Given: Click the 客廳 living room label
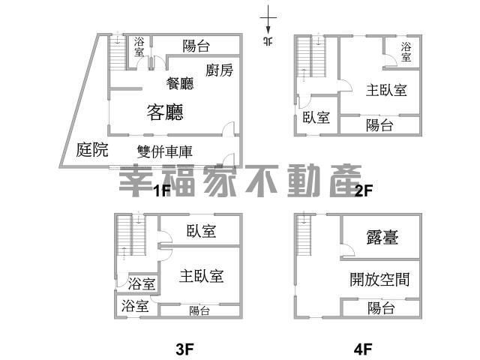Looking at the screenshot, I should [165, 112].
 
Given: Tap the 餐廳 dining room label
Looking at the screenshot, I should [180, 83].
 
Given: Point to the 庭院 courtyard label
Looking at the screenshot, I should [92, 150].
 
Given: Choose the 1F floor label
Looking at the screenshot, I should [162, 190].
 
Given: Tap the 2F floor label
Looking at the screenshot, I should [364, 190].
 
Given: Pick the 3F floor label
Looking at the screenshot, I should [185, 349].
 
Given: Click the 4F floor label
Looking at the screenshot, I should [364, 349].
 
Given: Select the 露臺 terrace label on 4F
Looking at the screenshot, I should [382, 238].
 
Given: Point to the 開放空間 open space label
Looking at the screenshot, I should [380, 280].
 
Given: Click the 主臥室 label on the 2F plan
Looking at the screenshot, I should [386, 91].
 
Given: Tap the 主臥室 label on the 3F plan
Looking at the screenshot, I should [202, 276].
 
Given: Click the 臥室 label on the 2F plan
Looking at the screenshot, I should [316, 117].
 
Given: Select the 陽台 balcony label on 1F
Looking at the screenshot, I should [196, 46].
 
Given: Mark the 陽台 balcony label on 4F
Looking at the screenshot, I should [381, 308].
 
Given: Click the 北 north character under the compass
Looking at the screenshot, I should [268, 41].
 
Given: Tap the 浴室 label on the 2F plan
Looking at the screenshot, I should [406, 51].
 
